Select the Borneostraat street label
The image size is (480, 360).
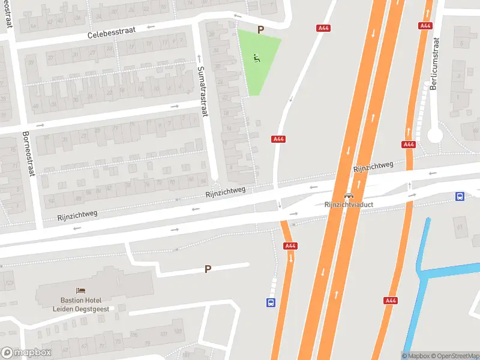[26, 154]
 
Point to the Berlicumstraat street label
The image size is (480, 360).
[435, 64]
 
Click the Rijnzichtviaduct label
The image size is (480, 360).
[349, 205]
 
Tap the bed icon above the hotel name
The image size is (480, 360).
[80, 290]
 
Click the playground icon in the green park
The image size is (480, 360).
[257, 58]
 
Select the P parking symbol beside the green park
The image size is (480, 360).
[260, 29]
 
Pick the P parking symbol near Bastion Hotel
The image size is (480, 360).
[208, 269]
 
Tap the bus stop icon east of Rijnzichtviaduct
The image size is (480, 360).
[460, 196]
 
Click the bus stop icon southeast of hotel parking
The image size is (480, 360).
[271, 303]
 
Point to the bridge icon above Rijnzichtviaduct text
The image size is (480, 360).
[349, 196]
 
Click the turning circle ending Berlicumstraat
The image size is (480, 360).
[435, 136]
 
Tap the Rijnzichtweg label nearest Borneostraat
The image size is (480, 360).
[77, 213]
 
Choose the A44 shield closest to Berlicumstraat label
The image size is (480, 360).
[425, 26]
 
